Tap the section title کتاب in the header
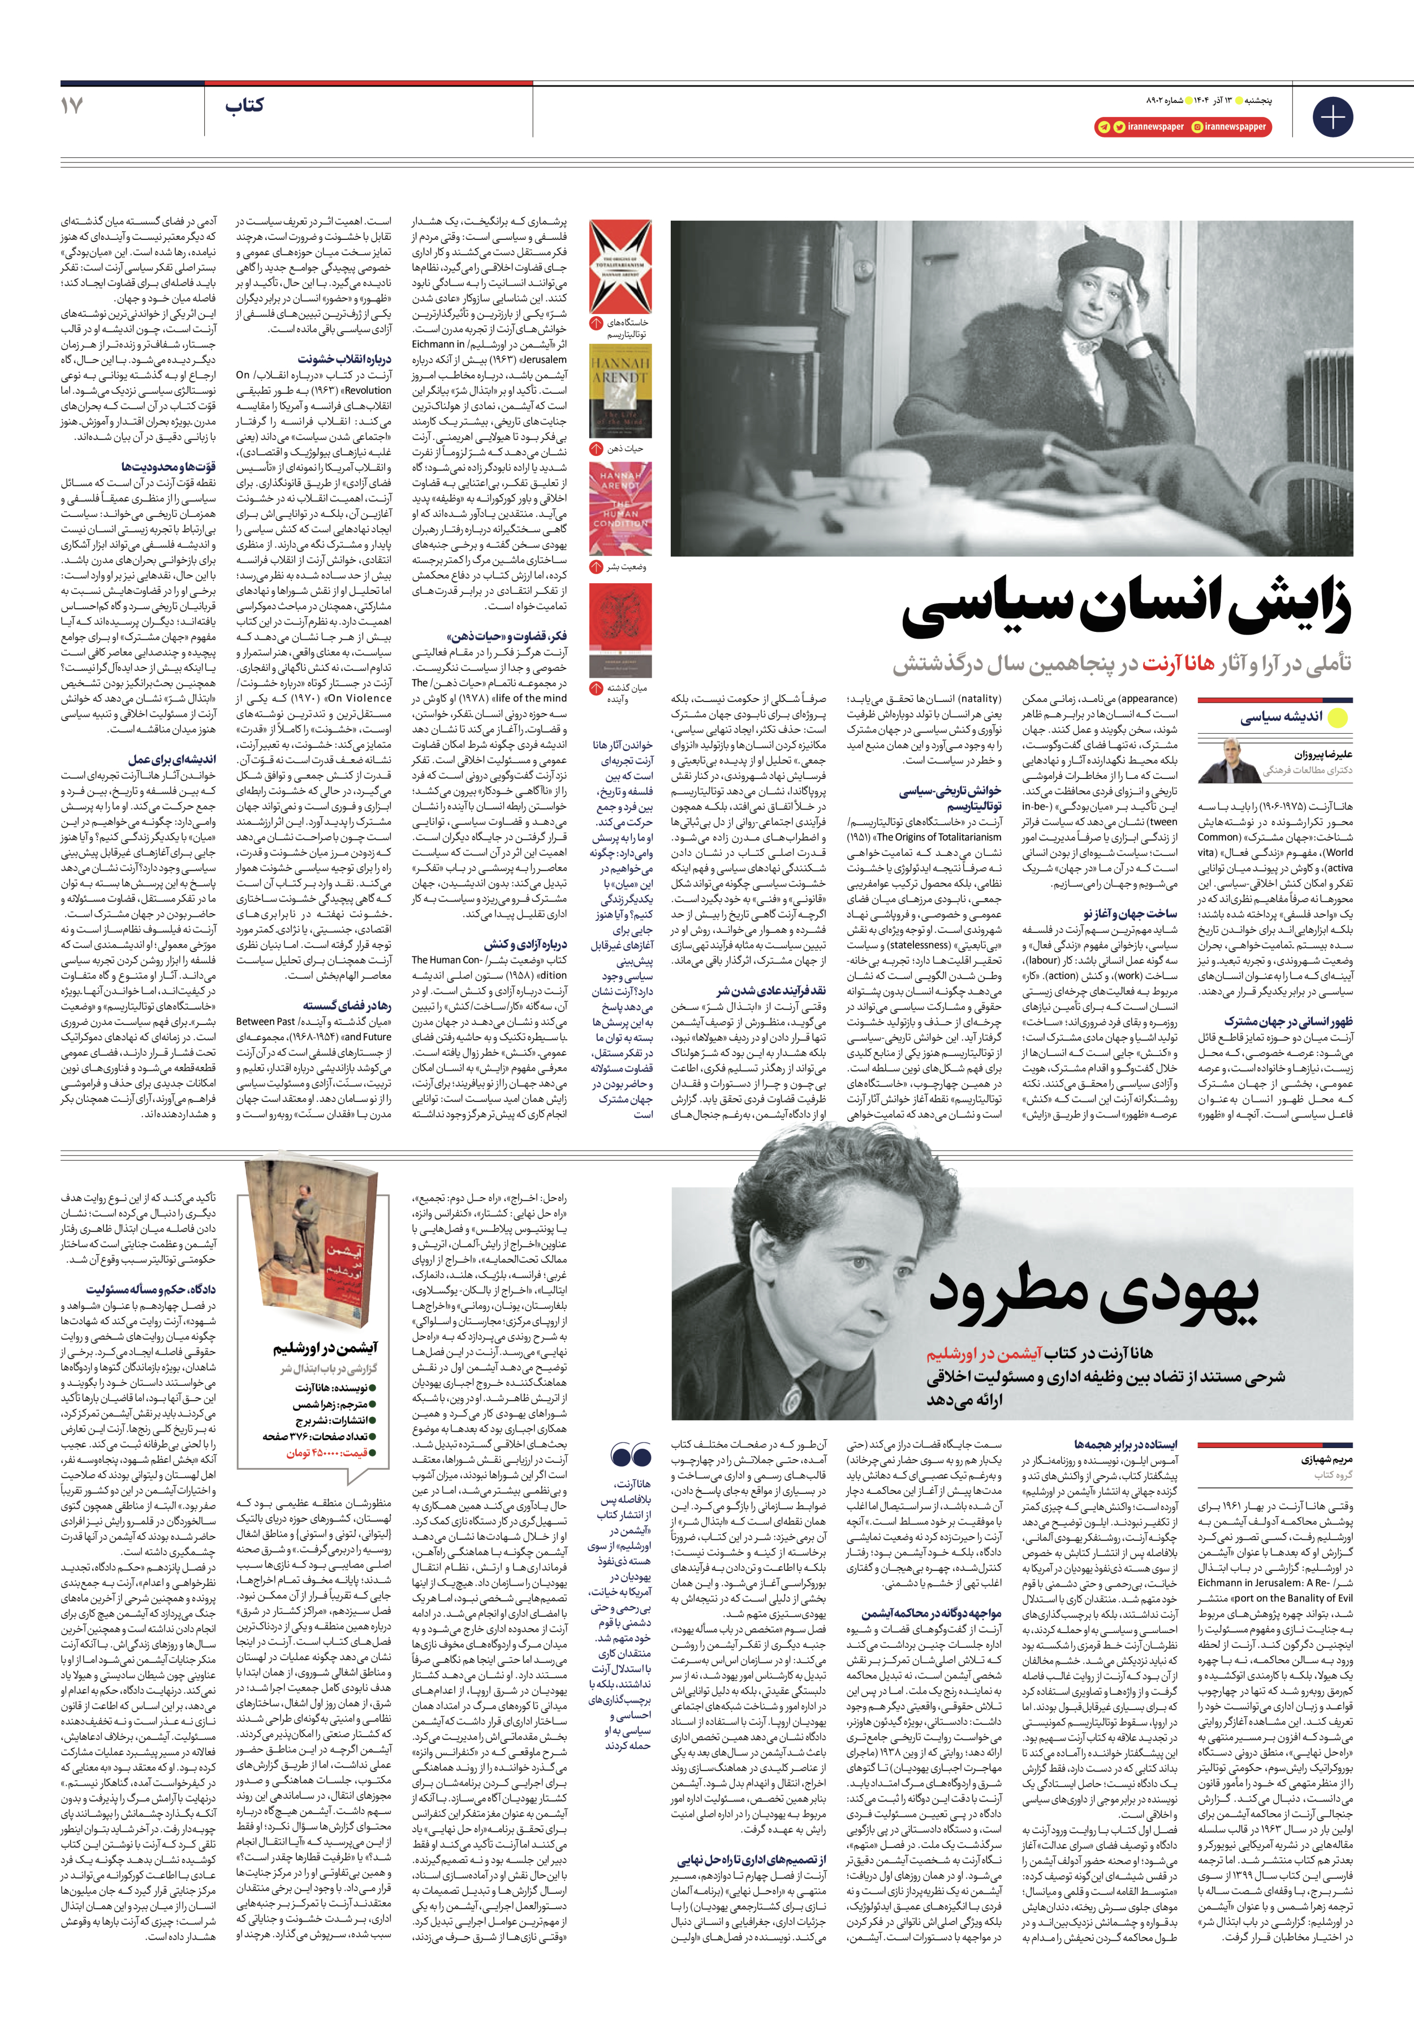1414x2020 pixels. click(x=244, y=106)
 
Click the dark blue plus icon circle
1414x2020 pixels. click(x=1332, y=117)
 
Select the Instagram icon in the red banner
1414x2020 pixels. click(x=1197, y=127)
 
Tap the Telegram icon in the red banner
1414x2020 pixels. click(x=1103, y=127)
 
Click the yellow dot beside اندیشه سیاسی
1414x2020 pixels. click(x=1338, y=717)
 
